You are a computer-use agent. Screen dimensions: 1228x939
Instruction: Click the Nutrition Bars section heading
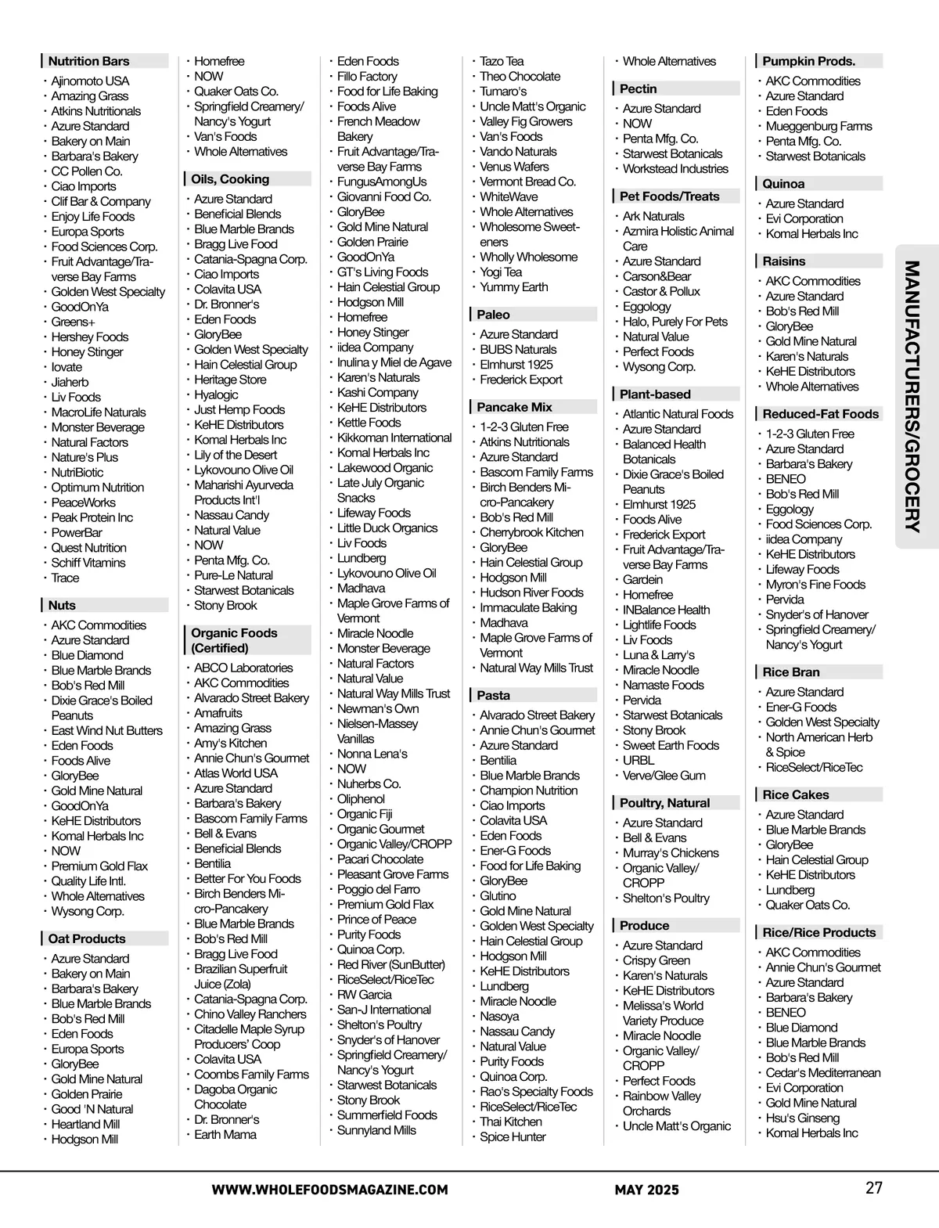click(88, 61)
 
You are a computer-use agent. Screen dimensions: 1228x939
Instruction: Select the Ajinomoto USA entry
click(90, 81)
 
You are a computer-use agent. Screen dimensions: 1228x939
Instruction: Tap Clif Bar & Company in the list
click(101, 201)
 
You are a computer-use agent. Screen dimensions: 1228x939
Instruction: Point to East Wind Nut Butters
click(106, 730)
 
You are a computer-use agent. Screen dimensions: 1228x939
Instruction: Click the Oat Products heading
click(86, 938)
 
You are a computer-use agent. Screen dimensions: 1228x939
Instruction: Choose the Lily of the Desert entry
click(236, 455)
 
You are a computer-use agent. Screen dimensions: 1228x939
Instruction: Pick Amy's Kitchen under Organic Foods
click(230, 743)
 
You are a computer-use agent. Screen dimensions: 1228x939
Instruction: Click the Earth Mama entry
click(225, 1134)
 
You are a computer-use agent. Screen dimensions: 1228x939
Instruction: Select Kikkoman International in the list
click(394, 438)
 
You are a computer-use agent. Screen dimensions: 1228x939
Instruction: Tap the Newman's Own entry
click(378, 708)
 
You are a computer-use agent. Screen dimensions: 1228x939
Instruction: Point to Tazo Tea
click(502, 61)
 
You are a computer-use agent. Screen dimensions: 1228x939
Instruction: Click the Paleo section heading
click(493, 315)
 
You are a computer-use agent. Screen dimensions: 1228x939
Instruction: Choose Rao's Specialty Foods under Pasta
click(536, 1091)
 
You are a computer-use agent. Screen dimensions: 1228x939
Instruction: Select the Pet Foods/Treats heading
click(669, 196)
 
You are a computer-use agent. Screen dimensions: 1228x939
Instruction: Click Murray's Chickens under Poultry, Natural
click(671, 852)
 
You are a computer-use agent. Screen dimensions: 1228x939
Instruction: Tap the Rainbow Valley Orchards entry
click(661, 1103)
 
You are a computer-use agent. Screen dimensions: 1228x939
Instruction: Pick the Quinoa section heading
click(783, 184)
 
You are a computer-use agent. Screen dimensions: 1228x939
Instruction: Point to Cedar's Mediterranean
click(822, 1072)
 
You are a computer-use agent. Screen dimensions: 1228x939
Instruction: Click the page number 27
click(874, 1187)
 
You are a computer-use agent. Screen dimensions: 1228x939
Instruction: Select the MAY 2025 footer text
click(646, 1190)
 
